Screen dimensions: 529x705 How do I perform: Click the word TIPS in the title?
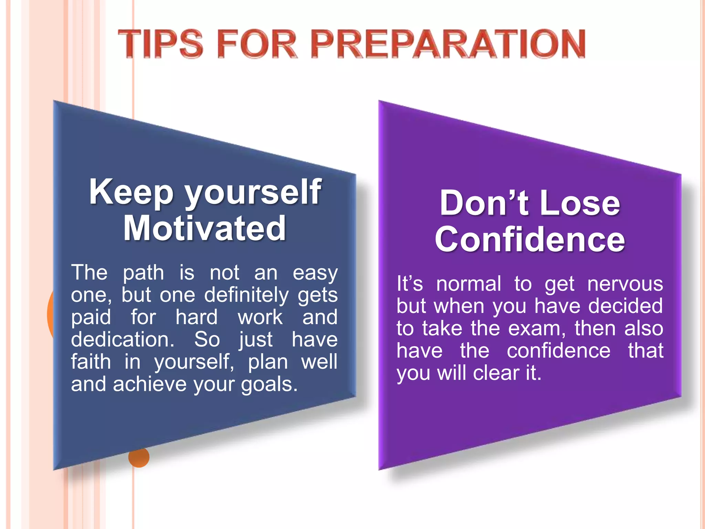[160, 44]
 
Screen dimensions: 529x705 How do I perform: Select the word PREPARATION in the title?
[450, 44]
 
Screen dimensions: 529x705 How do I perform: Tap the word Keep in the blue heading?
[131, 192]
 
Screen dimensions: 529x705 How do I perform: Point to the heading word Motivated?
[204, 228]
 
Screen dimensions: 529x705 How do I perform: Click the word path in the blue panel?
[144, 273]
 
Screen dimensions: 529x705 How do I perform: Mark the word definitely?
[246, 295]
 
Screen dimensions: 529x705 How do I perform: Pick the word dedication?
[123, 339]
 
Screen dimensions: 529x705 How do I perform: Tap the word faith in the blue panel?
[91, 362]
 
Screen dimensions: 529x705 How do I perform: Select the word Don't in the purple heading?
[484, 203]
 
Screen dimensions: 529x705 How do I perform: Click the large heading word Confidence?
[529, 239]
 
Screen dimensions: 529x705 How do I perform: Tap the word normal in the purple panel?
[469, 284]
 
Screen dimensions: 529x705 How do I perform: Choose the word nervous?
[625, 284]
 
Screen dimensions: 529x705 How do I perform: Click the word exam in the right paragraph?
[537, 329]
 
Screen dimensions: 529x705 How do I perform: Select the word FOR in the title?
[257, 44]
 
